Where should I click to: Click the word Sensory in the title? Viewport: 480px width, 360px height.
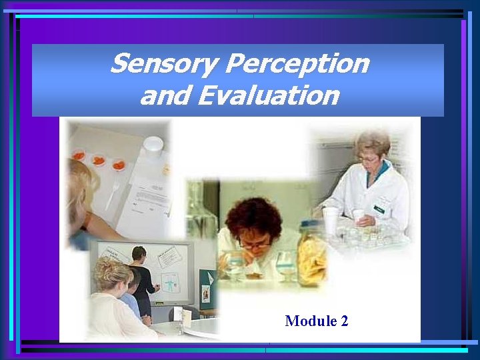(165, 65)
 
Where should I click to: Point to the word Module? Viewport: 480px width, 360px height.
(311, 321)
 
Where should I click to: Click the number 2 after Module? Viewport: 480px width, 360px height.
(344, 321)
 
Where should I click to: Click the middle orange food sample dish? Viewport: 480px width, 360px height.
(99, 161)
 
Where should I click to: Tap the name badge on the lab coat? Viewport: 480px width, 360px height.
(380, 207)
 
